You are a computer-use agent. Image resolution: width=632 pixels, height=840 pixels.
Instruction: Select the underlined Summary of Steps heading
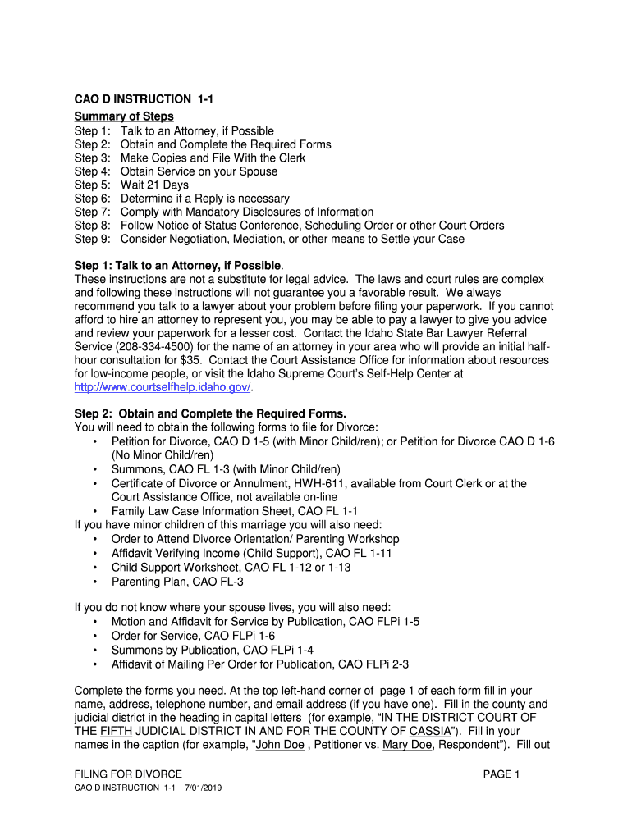click(124, 116)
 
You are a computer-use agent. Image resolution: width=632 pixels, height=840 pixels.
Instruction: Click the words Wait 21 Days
click(154, 185)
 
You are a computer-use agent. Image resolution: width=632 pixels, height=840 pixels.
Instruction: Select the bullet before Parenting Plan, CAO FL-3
click(96, 582)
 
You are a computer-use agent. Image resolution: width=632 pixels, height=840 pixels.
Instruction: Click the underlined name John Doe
click(280, 745)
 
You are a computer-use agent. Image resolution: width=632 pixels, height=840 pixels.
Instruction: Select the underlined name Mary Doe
click(407, 745)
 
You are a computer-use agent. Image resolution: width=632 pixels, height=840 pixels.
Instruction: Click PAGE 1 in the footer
click(501, 774)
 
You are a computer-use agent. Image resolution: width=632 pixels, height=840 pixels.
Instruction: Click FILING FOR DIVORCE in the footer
click(128, 774)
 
